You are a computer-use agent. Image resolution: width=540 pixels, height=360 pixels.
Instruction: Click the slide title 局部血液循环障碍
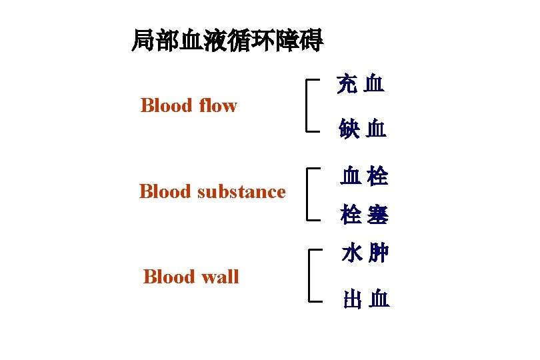pos(227,41)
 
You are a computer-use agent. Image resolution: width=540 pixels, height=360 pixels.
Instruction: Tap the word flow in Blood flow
pos(217,105)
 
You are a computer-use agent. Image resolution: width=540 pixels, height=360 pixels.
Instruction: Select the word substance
pos(241,192)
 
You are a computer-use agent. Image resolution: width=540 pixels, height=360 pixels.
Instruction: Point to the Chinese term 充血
pos(360,84)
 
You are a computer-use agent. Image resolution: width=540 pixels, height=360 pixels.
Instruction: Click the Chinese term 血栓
pos(364,176)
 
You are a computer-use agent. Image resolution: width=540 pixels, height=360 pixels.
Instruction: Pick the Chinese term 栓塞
pos(364,215)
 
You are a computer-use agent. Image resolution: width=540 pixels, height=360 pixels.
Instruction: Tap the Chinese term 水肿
pos(365,254)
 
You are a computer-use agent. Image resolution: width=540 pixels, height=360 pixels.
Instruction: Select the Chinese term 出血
pos(366,299)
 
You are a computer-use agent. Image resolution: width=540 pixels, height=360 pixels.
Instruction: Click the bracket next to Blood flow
pos(308,105)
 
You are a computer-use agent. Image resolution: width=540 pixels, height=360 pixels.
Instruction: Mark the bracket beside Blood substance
pos(308,194)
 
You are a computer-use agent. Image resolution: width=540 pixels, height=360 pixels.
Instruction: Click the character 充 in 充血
pos(347,84)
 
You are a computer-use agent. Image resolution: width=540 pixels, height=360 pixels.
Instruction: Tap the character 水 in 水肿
pos(351,254)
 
